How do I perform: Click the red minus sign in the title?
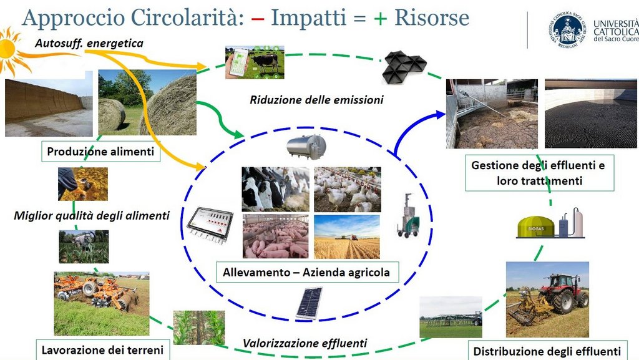pos(258,19)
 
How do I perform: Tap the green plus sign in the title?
pos(380,19)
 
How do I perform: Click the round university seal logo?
pos(567,29)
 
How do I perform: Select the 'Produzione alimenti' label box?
pos(100,152)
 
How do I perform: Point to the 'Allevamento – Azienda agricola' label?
pos(306,272)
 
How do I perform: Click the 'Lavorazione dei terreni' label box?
pos(103,350)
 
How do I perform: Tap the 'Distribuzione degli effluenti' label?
pos(547,351)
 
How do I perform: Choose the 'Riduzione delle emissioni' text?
pos(316,100)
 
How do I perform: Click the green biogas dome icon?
pos(536,228)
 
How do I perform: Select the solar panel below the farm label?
pos(310,303)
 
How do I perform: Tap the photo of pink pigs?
pos(276,237)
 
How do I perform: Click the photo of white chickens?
pos(347,190)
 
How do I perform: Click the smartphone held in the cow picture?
pos(238,62)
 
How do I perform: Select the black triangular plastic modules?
pos(404,67)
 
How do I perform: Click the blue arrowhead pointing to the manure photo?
pos(440,114)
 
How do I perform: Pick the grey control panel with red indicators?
pos(210,225)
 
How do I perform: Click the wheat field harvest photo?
pos(347,237)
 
